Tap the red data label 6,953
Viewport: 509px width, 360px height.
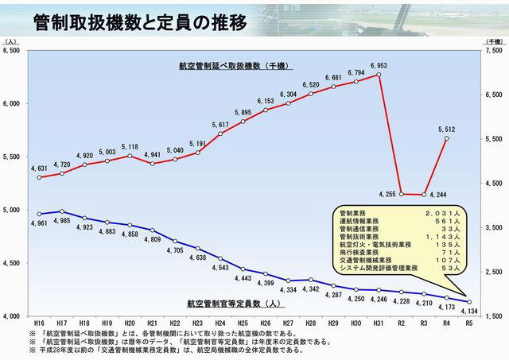[379, 66]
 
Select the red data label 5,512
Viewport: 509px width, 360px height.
[446, 129]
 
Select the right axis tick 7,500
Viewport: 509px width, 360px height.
[493, 50]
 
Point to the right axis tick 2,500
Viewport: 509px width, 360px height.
[493, 272]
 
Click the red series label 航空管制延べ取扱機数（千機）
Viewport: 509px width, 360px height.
[227, 67]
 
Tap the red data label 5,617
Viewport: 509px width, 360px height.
[220, 125]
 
